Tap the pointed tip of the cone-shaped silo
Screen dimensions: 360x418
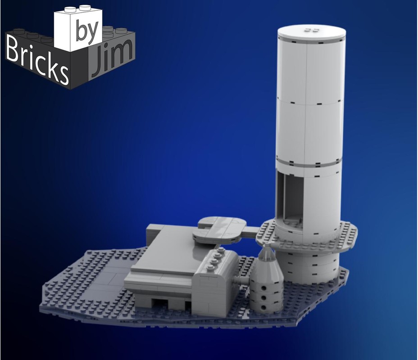pyautogui.click(x=268, y=247)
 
